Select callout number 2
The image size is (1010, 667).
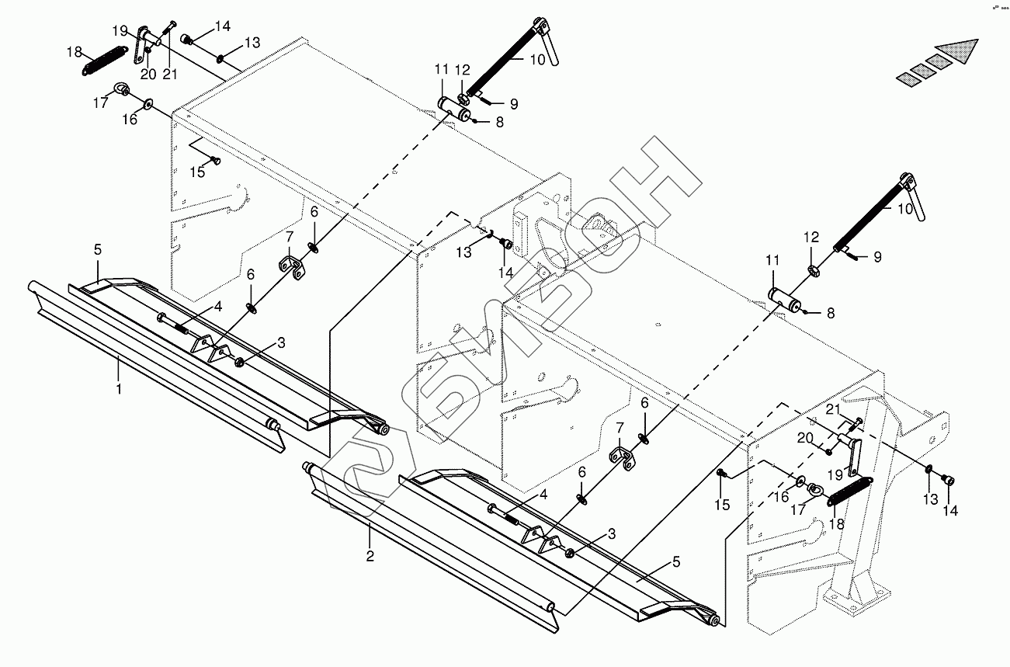[370, 556]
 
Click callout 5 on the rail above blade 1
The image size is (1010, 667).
[98, 250]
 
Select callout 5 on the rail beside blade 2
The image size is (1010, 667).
[675, 561]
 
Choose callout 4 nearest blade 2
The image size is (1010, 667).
[543, 495]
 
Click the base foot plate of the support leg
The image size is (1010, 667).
[854, 603]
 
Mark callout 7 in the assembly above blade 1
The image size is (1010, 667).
[289, 236]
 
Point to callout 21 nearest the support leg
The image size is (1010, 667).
[833, 409]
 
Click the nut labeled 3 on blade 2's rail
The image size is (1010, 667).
[569, 552]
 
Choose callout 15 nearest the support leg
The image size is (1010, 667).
[723, 505]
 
